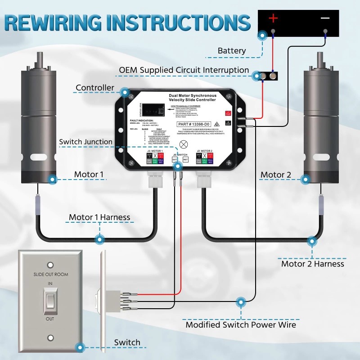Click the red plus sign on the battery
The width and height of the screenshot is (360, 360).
(x=274, y=18)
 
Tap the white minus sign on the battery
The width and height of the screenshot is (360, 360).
(x=325, y=18)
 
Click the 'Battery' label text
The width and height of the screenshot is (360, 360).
(x=232, y=51)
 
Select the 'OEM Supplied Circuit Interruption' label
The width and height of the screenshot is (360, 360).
(x=184, y=70)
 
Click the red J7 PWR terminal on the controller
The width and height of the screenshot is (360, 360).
(x=228, y=114)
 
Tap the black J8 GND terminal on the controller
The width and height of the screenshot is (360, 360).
(x=228, y=123)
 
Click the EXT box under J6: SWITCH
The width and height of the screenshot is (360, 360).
(x=175, y=159)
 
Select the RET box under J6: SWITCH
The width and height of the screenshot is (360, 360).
(x=185, y=159)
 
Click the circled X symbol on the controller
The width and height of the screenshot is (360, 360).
(x=184, y=145)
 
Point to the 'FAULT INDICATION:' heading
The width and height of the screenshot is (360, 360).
(x=141, y=121)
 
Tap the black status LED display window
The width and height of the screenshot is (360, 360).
(x=146, y=109)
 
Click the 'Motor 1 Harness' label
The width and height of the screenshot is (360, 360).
(x=99, y=218)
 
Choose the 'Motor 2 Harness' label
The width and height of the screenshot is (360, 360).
(x=313, y=264)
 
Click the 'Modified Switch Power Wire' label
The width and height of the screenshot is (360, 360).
(x=241, y=324)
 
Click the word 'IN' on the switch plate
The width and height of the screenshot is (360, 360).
(x=50, y=284)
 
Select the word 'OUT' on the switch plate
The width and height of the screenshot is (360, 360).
(x=50, y=319)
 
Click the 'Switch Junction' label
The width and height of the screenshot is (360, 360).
(x=85, y=142)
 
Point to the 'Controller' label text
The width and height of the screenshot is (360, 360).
(x=95, y=88)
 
